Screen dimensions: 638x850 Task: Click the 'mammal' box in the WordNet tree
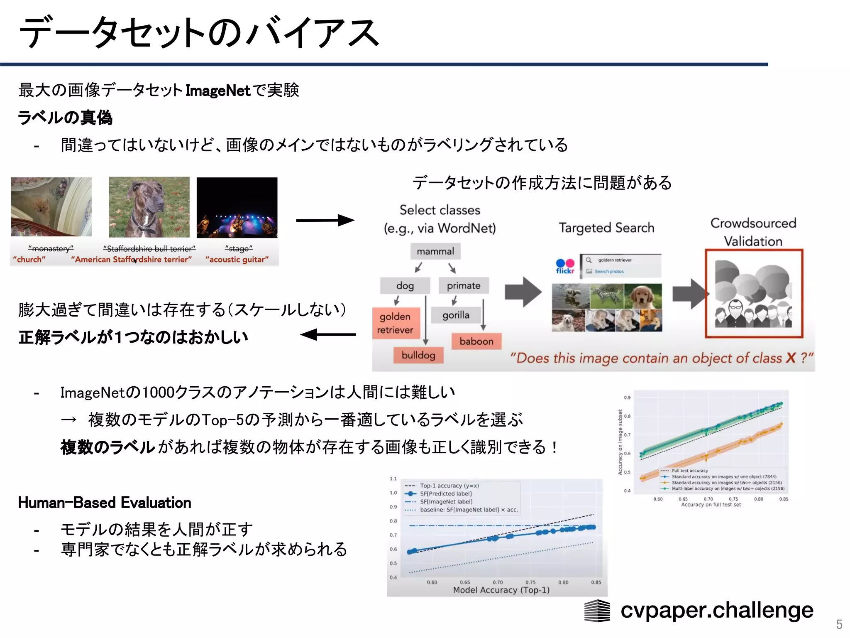tap(435, 251)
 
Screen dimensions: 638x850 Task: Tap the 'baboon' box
tap(476, 341)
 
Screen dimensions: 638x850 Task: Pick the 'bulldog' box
tap(418, 355)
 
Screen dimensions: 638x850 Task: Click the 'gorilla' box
tap(456, 315)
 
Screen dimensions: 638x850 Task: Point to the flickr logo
tap(564, 266)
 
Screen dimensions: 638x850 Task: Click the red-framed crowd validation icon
tap(754, 294)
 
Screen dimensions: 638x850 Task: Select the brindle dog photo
tap(149, 207)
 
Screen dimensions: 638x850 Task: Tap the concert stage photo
tap(237, 207)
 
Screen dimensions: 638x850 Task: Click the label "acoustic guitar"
tap(237, 260)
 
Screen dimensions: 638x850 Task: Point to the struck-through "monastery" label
tap(51, 248)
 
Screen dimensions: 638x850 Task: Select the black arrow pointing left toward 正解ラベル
tap(328, 334)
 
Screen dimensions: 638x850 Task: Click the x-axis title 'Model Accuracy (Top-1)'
tap(501, 590)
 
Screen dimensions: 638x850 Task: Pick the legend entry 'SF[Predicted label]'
tap(445, 493)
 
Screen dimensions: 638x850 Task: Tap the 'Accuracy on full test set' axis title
tap(711, 505)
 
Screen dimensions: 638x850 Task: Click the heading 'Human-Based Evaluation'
tap(105, 503)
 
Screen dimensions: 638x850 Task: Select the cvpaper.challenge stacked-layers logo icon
tap(597, 611)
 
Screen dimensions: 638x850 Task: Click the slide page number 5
tap(839, 624)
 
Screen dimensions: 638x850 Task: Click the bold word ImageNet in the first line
tap(217, 91)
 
